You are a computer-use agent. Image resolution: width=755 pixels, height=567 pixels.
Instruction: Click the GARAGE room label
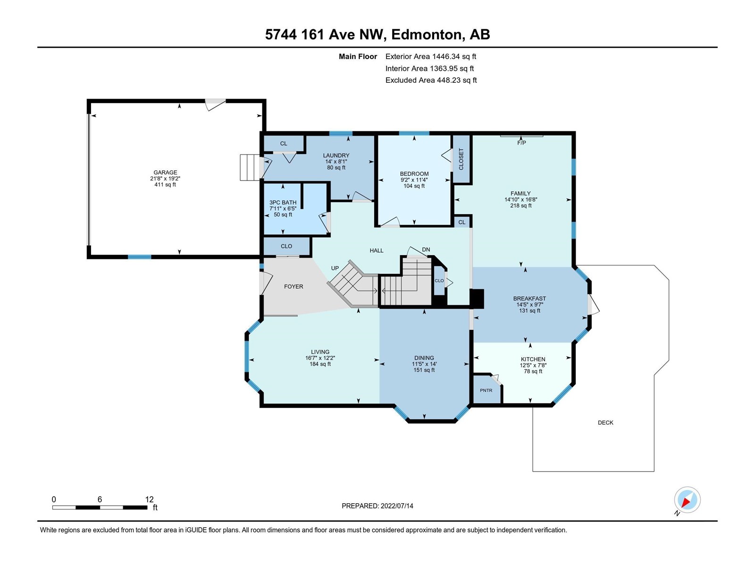pos(165,172)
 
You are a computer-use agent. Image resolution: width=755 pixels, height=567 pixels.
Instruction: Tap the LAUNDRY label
pos(336,155)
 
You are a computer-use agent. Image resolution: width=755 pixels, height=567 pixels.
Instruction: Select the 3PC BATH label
pos(283,202)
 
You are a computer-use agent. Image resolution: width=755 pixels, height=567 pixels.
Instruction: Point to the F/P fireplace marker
pos(521,143)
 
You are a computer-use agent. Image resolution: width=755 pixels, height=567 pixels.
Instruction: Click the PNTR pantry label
pos(486,390)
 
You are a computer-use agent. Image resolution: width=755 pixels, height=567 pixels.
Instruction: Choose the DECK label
pos(605,422)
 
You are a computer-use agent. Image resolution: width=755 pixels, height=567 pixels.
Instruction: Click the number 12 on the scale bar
pos(149,499)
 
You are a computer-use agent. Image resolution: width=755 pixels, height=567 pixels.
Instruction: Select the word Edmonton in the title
pos(426,34)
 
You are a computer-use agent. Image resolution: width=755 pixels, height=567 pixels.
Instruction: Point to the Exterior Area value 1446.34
pos(445,56)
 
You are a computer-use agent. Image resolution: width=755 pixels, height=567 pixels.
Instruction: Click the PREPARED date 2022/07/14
pos(396,506)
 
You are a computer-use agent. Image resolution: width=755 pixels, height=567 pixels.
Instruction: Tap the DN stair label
pos(426,249)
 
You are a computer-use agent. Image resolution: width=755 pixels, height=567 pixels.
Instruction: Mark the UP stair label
pos(335,268)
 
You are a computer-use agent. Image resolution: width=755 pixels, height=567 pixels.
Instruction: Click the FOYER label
pos(294,286)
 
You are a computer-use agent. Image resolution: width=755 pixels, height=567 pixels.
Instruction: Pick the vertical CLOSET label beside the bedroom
pos(461,159)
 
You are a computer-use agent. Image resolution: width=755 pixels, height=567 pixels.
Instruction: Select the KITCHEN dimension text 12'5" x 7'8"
pos(533,365)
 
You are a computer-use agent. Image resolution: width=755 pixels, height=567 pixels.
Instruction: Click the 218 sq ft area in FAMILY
pos(521,206)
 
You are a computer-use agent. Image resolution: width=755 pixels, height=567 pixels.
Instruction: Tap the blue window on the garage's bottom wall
pos(139,257)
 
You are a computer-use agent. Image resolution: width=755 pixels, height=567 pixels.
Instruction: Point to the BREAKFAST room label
pos(529,299)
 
